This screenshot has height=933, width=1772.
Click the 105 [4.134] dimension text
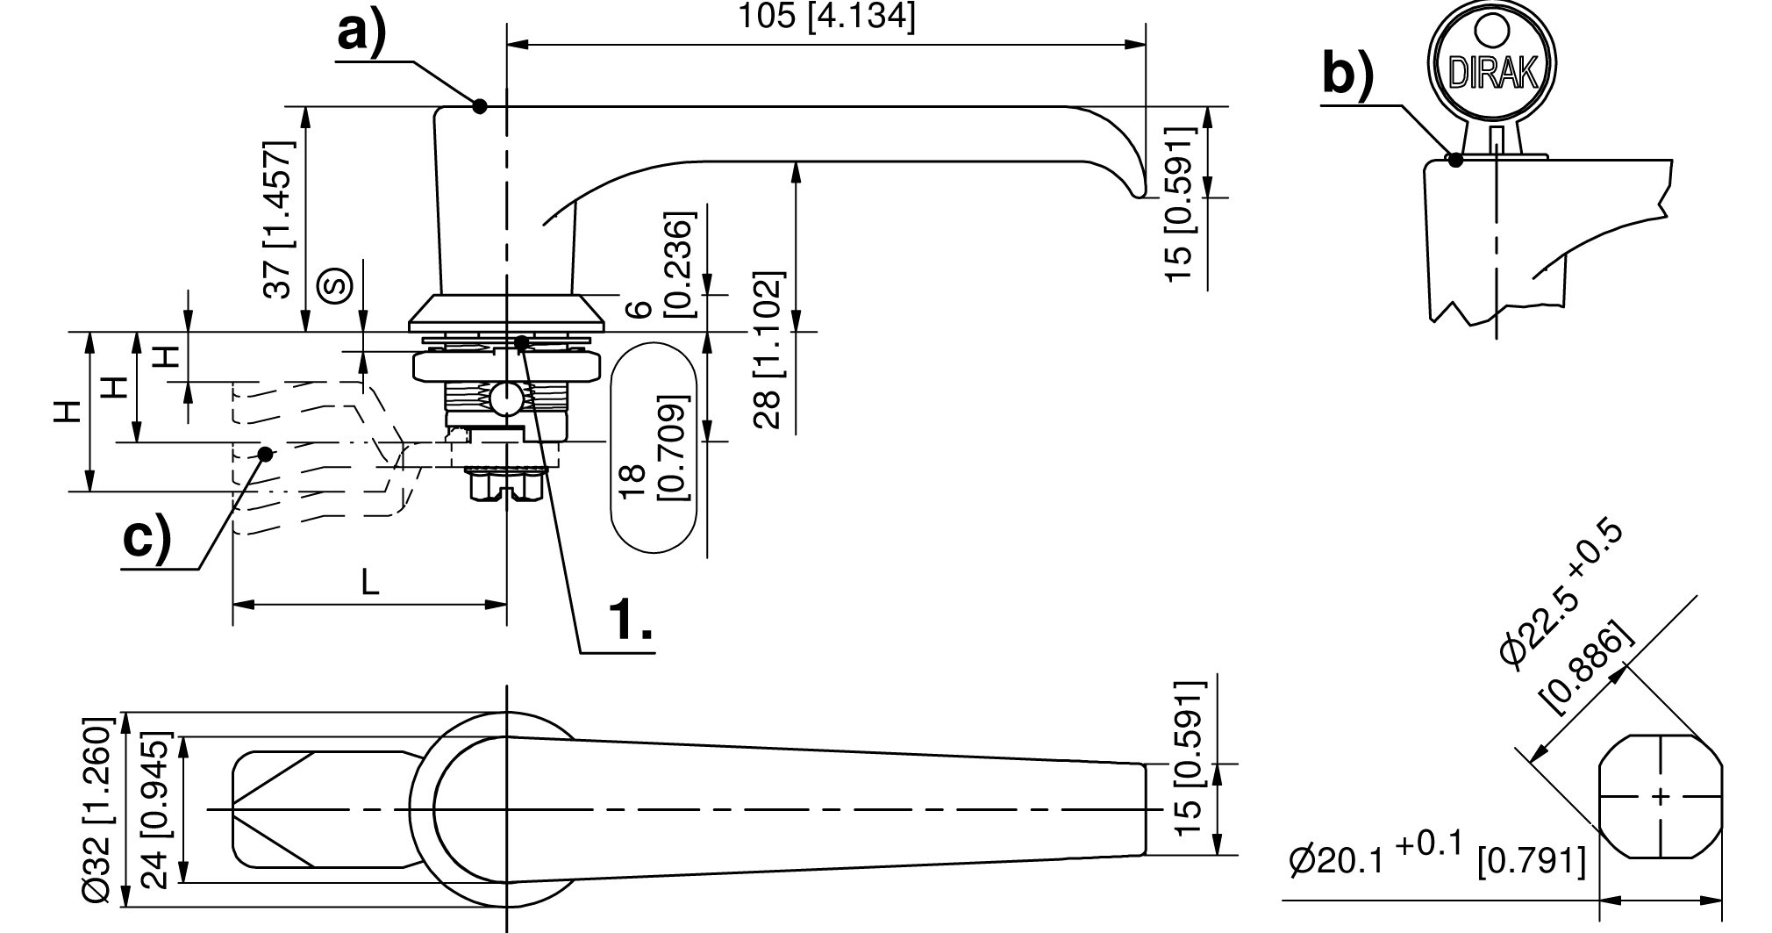coord(826,17)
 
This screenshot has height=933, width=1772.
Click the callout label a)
coord(362,34)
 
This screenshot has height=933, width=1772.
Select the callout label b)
coord(1347,74)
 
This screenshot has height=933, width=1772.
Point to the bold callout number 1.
coord(631,620)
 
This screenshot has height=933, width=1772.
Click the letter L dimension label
coord(371,583)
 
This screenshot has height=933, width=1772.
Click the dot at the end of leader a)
coord(479,106)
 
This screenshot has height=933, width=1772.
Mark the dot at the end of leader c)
coord(265,454)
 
